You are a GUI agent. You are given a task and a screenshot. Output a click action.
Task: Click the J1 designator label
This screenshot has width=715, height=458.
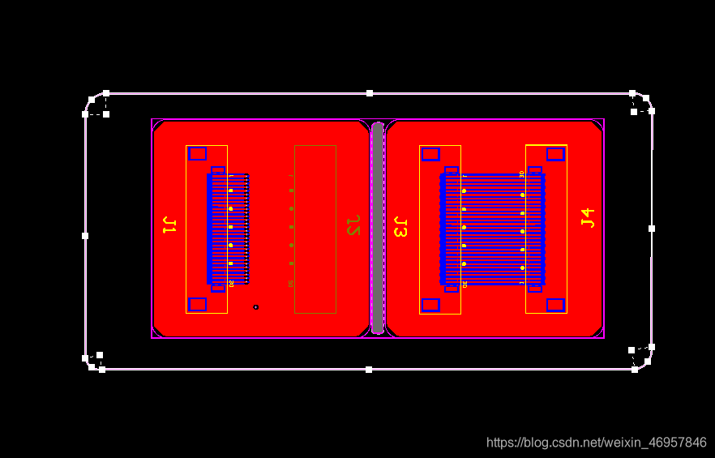169,225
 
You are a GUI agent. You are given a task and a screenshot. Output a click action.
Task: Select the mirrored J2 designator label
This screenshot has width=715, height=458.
353,225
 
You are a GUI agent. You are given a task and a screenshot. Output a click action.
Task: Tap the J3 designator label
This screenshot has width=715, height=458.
400,227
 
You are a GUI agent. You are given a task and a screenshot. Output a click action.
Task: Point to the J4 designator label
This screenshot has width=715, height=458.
588,217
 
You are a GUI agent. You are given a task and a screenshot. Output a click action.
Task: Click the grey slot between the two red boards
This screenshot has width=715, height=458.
377,227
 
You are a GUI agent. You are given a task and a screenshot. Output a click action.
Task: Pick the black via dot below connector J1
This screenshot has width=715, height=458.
256,307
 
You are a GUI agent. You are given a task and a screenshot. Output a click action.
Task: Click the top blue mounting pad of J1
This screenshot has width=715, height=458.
197,154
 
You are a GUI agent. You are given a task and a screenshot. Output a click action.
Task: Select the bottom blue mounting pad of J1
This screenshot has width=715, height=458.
197,304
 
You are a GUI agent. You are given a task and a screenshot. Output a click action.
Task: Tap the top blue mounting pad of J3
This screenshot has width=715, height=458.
430,154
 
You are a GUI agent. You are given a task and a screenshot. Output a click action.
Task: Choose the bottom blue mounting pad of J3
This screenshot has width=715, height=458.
430,305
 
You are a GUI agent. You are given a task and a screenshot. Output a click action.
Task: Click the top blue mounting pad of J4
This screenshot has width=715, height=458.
555,154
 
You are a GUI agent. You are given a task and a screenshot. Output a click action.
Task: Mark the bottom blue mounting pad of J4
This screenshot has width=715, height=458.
555,305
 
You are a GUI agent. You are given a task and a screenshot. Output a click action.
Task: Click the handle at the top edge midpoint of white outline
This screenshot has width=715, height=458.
370,93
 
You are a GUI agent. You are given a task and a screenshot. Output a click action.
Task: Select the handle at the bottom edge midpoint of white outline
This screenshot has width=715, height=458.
369,370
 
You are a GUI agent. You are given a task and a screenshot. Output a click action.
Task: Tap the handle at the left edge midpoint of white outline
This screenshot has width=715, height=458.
85,236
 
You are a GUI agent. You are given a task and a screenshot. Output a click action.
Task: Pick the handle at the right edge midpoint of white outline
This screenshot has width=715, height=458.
652,229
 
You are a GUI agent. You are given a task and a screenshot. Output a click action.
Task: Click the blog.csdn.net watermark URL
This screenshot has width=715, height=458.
596,443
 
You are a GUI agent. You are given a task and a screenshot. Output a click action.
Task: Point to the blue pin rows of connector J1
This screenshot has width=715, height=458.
229,229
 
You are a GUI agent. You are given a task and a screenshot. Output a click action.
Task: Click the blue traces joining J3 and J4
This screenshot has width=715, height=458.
493,229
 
